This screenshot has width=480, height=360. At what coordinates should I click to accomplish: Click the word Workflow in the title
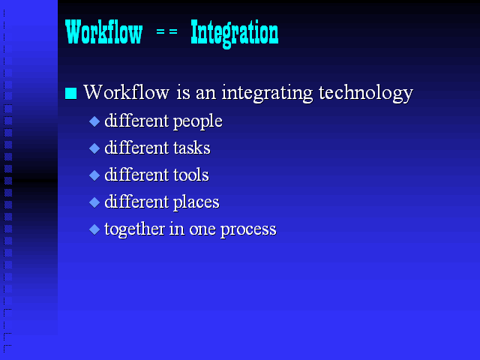click(x=103, y=31)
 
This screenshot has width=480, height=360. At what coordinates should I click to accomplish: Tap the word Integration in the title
click(x=235, y=34)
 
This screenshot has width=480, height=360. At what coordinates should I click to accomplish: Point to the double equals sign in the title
click(x=166, y=31)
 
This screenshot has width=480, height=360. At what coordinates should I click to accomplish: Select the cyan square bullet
click(x=70, y=93)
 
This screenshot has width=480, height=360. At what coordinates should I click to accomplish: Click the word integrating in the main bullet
click(x=267, y=93)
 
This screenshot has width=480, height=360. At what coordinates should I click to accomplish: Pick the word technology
click(x=366, y=93)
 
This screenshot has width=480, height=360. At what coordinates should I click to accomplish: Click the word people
click(x=198, y=121)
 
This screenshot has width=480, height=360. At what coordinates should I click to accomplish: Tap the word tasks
click(x=192, y=148)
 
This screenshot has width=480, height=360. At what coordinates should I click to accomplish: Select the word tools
click(x=191, y=175)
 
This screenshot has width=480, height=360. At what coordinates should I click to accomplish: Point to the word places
click(x=196, y=202)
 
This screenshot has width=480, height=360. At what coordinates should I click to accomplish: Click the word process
click(x=248, y=230)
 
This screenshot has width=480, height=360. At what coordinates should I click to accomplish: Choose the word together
click(x=134, y=229)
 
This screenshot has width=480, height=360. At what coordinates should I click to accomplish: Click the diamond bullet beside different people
click(x=94, y=121)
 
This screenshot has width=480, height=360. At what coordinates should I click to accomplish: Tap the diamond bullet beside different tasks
click(x=94, y=148)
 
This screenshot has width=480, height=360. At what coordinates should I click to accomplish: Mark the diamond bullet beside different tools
click(x=94, y=175)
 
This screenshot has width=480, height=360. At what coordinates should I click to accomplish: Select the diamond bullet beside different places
click(x=94, y=202)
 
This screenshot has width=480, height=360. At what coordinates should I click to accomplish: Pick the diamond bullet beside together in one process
click(x=94, y=229)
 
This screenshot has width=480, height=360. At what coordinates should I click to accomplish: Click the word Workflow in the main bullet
click(x=127, y=91)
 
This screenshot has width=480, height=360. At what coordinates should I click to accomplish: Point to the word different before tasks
click(x=136, y=148)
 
